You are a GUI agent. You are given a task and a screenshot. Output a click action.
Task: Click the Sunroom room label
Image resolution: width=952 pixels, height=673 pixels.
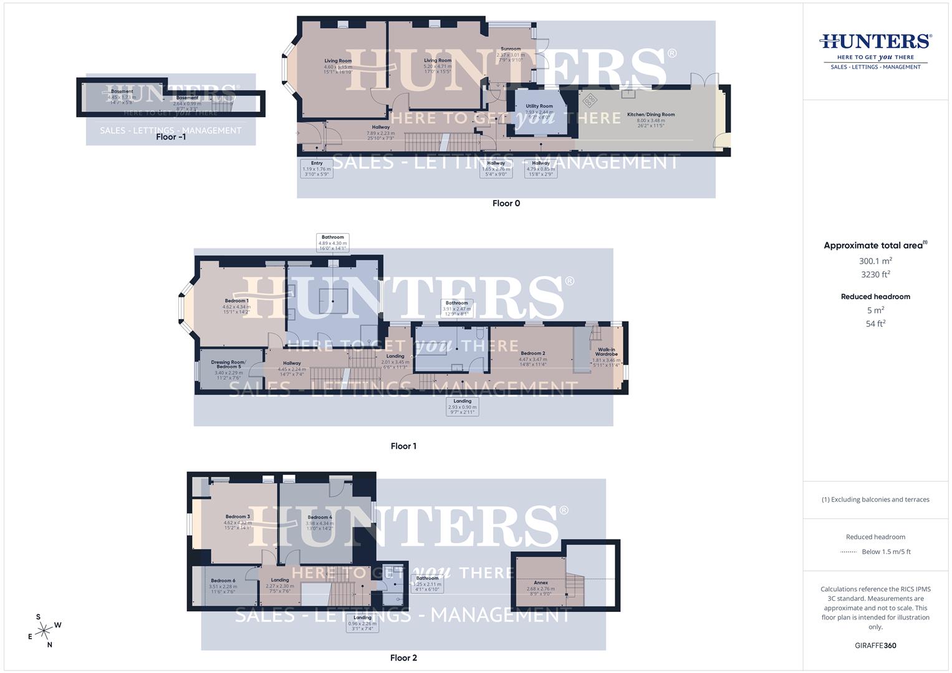pyautogui.click(x=511, y=49)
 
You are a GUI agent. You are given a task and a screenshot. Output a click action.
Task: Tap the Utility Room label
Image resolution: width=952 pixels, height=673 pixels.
pyautogui.click(x=539, y=107)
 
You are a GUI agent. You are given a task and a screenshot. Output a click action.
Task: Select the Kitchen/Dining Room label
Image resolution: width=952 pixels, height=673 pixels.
pyautogui.click(x=651, y=115)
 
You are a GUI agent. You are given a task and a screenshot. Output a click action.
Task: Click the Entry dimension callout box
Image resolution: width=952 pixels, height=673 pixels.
pyautogui.click(x=317, y=168)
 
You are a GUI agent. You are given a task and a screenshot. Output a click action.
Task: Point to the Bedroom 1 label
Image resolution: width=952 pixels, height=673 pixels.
pyautogui.click(x=237, y=302)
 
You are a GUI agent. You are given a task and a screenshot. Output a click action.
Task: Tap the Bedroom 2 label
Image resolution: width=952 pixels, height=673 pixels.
pyautogui.click(x=533, y=354)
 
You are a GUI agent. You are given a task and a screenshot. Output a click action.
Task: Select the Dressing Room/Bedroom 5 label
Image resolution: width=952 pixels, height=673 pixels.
pyautogui.click(x=228, y=365)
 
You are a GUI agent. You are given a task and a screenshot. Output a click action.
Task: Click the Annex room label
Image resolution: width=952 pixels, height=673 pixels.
pyautogui.click(x=541, y=583)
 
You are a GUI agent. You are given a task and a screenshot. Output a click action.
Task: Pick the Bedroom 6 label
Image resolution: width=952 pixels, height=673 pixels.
pyautogui.click(x=222, y=581)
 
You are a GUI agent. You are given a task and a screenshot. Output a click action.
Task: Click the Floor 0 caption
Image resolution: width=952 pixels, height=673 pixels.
pyautogui.click(x=506, y=203)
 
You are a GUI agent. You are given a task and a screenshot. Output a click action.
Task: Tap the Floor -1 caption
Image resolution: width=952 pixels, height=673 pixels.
pyautogui.click(x=170, y=137)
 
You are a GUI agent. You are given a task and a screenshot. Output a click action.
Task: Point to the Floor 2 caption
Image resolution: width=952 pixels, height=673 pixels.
pyautogui.click(x=403, y=658)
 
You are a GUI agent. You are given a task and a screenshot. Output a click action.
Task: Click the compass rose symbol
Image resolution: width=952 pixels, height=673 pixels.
pyautogui.click(x=44, y=631)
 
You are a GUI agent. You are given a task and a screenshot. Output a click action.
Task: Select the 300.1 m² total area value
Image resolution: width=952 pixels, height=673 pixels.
pyautogui.click(x=875, y=261)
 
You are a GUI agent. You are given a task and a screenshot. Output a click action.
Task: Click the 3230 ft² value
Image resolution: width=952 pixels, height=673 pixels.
pyautogui.click(x=875, y=274)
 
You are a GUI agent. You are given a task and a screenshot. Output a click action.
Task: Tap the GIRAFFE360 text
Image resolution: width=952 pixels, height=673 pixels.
pyautogui.click(x=875, y=646)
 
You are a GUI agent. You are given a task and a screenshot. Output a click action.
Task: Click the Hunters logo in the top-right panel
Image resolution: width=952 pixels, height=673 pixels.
pyautogui.click(x=875, y=50)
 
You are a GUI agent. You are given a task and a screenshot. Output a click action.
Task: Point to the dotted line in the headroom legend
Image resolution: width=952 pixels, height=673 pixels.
pyautogui.click(x=849, y=552)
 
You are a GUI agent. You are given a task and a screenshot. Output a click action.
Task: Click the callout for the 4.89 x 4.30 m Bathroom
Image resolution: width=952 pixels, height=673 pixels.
pyautogui.click(x=332, y=242)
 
